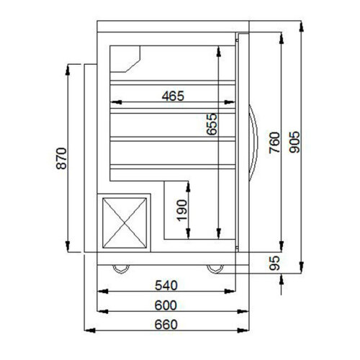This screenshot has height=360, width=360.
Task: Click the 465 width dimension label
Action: click(x=173, y=95)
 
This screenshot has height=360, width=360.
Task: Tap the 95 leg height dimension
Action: click(x=272, y=264)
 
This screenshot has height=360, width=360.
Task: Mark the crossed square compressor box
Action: click(x=127, y=223)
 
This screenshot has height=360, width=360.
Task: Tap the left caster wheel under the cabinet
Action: click(x=120, y=269)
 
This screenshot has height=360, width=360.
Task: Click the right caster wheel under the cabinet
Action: click(x=215, y=269)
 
